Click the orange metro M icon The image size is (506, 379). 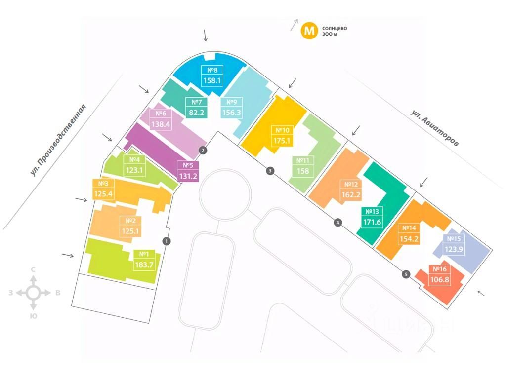pos(310,31)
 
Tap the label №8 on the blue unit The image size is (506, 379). pos(212,70)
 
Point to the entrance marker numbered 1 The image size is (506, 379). pos(167,241)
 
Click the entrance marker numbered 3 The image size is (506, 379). pos(270,171)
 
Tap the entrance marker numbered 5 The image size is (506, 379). pos(406,274)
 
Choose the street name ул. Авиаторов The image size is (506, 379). pos(434,127)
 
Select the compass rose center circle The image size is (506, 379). pos(33,293)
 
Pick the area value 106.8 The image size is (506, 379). pos(440,280)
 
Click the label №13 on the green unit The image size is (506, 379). pos(373,212)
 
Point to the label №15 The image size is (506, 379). pos(454,239)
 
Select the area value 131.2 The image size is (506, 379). pos(188,175)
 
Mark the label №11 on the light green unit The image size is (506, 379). pos(303,160)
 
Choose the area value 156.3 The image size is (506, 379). pos(232,113)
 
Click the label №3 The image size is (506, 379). pos(103,184)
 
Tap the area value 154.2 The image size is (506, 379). pos(409,239)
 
